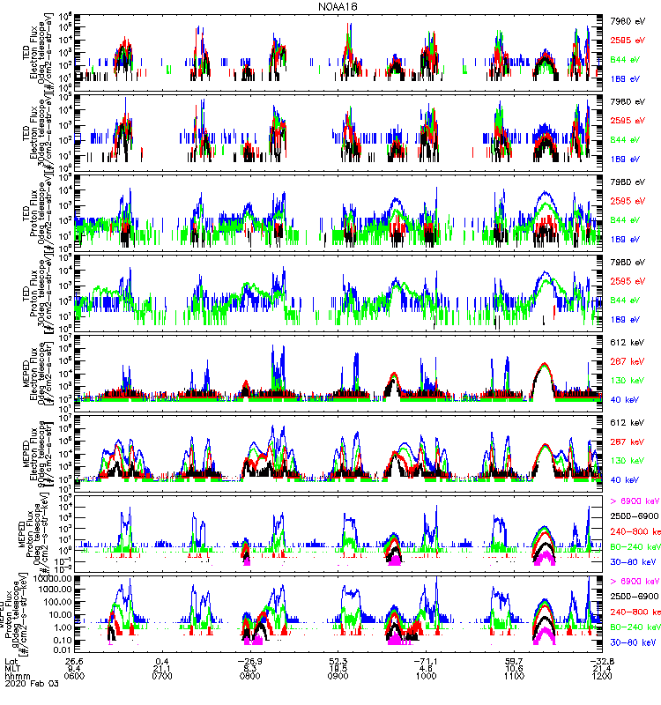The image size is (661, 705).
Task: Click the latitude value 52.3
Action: pyautogui.click(x=338, y=660)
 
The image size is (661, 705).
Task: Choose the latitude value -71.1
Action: pyautogui.click(x=426, y=660)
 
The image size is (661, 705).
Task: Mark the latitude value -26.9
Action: pyautogui.click(x=249, y=660)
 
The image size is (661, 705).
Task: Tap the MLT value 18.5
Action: pyautogui.click(x=338, y=668)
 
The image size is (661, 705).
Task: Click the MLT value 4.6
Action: pyautogui.click(x=427, y=668)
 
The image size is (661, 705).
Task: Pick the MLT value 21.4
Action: pyautogui.click(x=602, y=668)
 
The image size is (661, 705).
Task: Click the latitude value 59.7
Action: pyautogui.click(x=515, y=660)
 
